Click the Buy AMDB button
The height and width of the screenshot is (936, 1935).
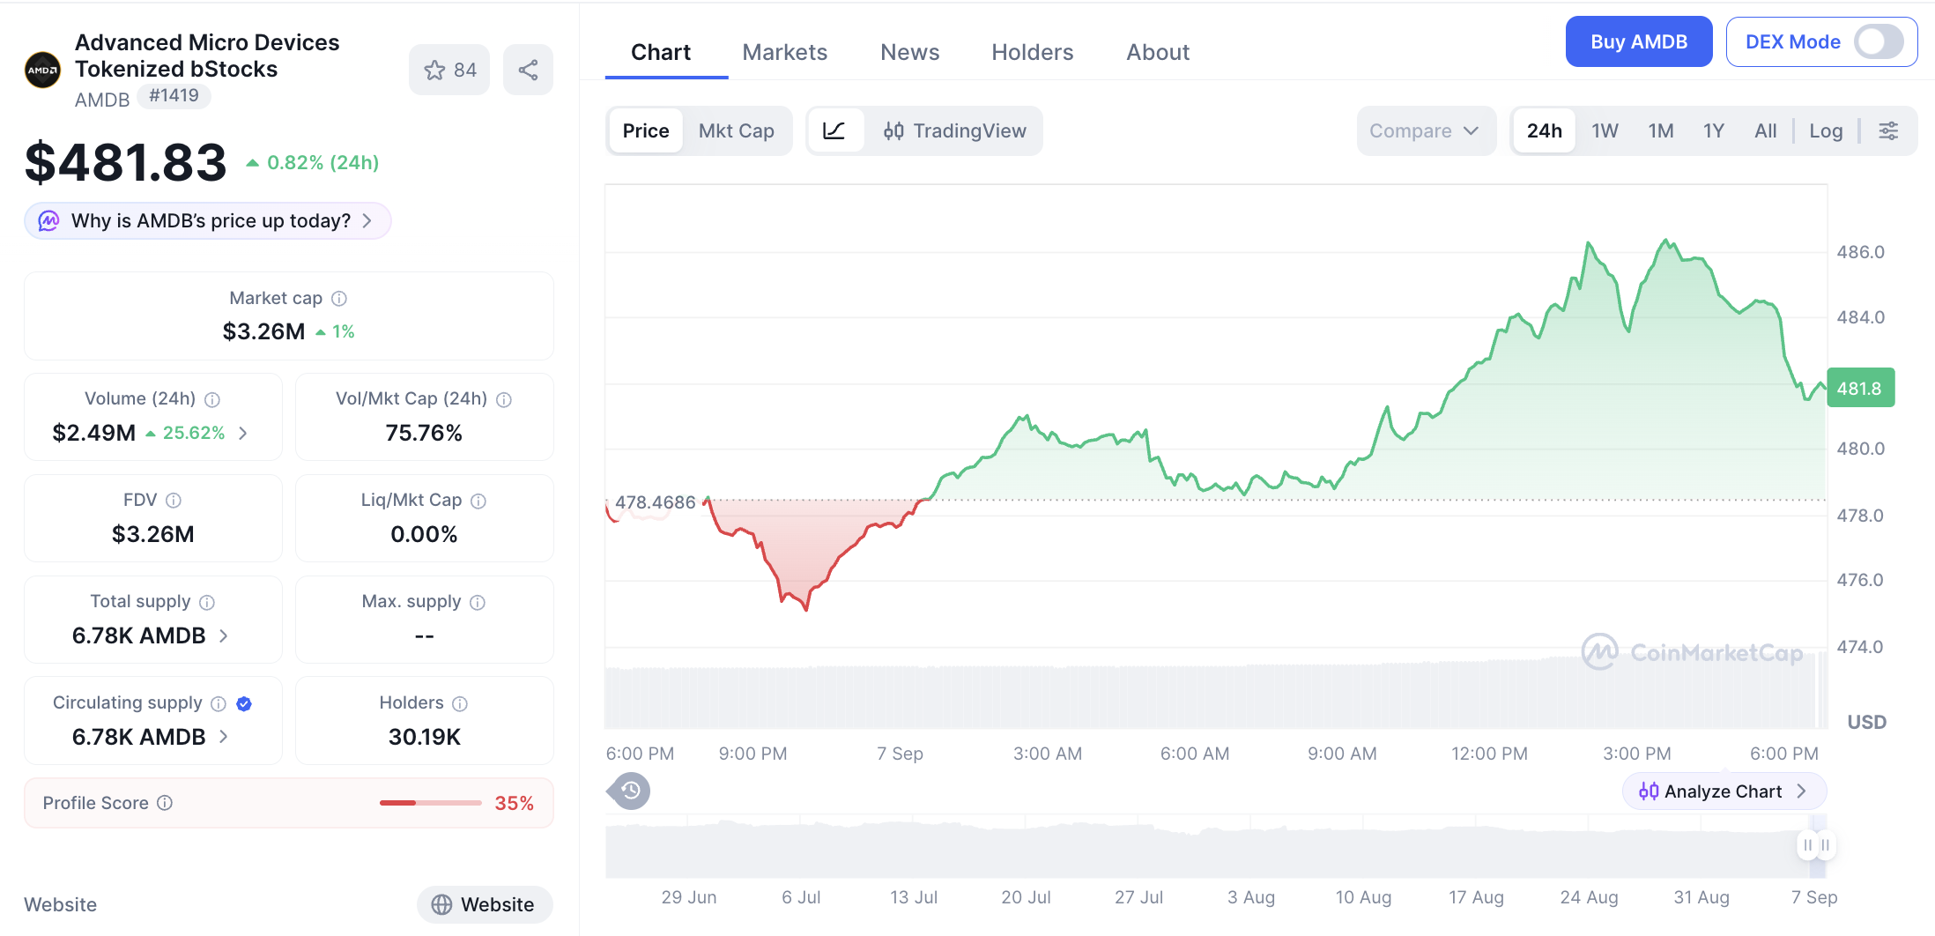tap(1638, 41)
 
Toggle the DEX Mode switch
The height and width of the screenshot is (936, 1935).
tap(1878, 41)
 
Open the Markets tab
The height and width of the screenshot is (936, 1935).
tap(784, 52)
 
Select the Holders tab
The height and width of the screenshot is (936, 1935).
tap(1032, 52)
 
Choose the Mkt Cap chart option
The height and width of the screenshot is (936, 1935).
tap(736, 130)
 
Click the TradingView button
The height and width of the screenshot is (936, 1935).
tap(954, 130)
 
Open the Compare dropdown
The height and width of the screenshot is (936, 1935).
tap(1425, 130)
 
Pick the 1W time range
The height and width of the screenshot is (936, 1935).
tap(1605, 130)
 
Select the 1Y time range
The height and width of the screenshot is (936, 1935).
tap(1713, 130)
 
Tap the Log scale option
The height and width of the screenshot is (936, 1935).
tap(1826, 130)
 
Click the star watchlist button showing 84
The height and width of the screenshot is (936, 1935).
tap(449, 70)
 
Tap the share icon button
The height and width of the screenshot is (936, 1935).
tap(528, 70)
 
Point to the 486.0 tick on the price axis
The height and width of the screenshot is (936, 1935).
tap(1860, 252)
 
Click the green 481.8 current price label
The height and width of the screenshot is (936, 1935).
tap(1860, 388)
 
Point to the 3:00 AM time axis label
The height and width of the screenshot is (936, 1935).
tap(1048, 754)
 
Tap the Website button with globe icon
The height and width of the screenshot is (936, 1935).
tap(485, 904)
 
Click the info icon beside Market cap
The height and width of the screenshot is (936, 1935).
tap(339, 299)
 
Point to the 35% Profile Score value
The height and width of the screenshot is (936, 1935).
tap(514, 803)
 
